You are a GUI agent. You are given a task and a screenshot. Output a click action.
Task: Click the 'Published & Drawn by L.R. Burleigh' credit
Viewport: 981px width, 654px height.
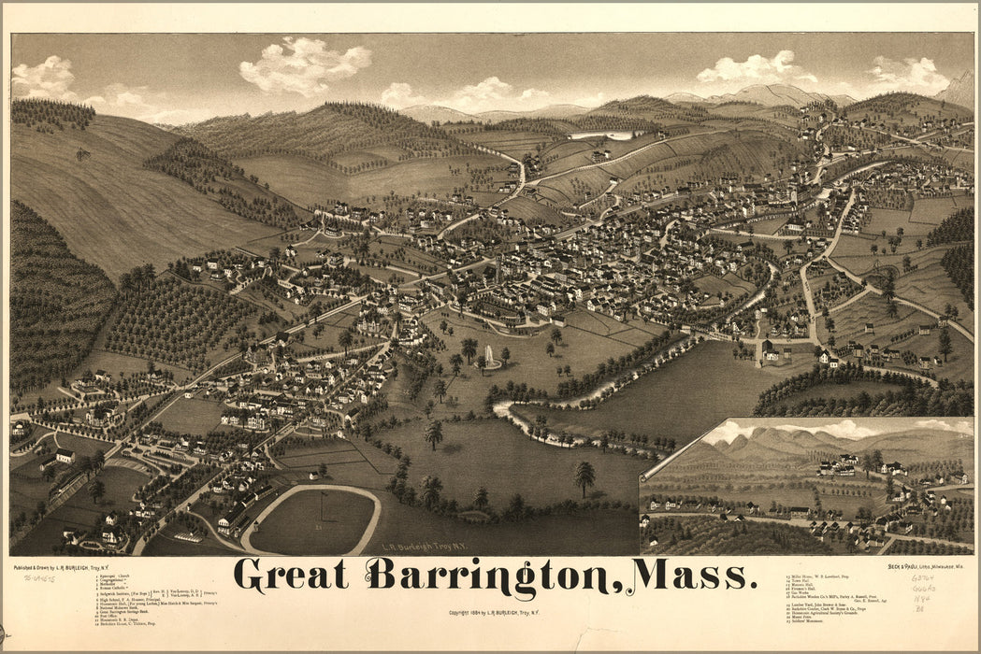[x=59, y=567]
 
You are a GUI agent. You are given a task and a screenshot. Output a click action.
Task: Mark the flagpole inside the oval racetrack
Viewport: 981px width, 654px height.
[x=321, y=505]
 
